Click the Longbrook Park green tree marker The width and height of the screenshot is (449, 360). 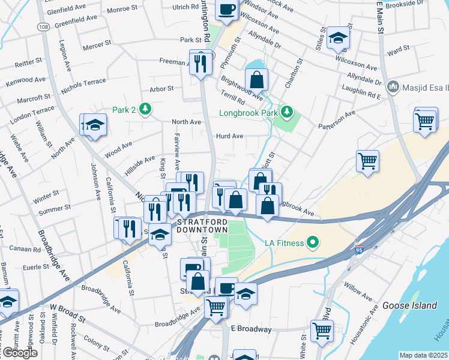pos(288,110)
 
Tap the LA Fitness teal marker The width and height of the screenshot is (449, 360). pos(312,242)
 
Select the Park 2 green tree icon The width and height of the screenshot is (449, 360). pos(144,109)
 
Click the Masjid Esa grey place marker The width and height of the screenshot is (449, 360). pos(393,87)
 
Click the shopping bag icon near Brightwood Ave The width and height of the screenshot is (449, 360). pos(256,80)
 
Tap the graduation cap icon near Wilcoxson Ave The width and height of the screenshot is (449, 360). pos(339,39)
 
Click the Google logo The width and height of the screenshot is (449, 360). pos(20,353)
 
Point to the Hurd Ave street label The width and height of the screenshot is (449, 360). pos(229,136)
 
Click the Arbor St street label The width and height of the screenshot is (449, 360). pos(161,88)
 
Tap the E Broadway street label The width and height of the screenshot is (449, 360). pos(252,329)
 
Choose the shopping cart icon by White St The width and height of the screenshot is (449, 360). pos(322,330)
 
